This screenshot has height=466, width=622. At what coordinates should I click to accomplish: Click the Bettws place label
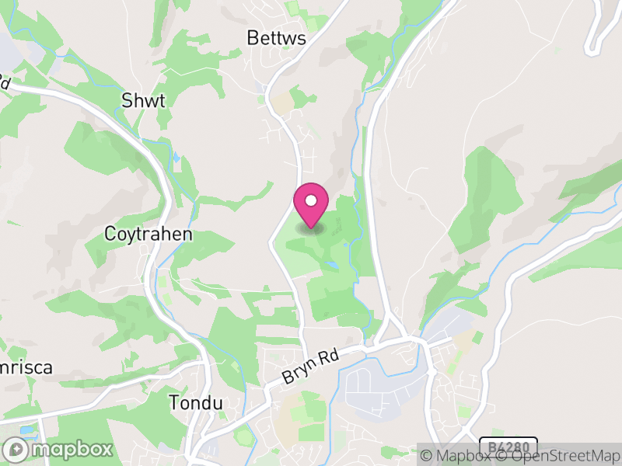[275, 37]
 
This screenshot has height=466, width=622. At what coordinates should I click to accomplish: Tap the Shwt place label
[143, 100]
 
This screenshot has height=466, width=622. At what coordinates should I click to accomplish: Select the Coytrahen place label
[149, 234]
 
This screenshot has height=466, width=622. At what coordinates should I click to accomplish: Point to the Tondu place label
[196, 403]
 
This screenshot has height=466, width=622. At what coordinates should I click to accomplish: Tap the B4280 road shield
[508, 447]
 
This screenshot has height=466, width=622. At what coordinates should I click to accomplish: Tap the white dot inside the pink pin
[311, 201]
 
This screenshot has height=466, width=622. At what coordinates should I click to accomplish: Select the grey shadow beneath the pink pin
[312, 227]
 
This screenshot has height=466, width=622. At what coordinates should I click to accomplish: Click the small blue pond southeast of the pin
[332, 266]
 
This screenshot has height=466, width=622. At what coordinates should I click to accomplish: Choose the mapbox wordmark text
[72, 450]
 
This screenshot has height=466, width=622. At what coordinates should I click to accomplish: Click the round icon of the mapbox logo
[16, 450]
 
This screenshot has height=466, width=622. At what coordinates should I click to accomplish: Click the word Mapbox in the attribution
[464, 456]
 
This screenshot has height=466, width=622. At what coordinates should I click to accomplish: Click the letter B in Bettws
[252, 37]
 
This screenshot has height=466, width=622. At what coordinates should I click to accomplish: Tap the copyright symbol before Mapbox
[427, 456]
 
